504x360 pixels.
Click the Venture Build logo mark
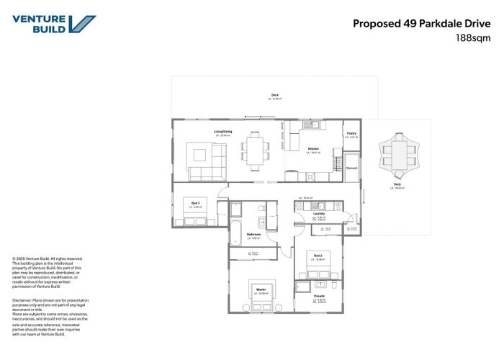[85, 24]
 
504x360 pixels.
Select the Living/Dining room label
[222, 132]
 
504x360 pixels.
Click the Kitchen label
[313, 149]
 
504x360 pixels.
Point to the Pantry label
[351, 133]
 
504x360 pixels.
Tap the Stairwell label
[351, 168]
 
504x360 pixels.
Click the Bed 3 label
[196, 203]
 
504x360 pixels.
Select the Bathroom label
[253, 234]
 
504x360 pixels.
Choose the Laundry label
[320, 214]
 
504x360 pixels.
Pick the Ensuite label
[319, 295]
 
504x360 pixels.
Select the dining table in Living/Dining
[253, 150]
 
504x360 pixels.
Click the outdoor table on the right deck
[397, 150]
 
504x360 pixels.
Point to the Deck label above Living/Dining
[274, 95]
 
